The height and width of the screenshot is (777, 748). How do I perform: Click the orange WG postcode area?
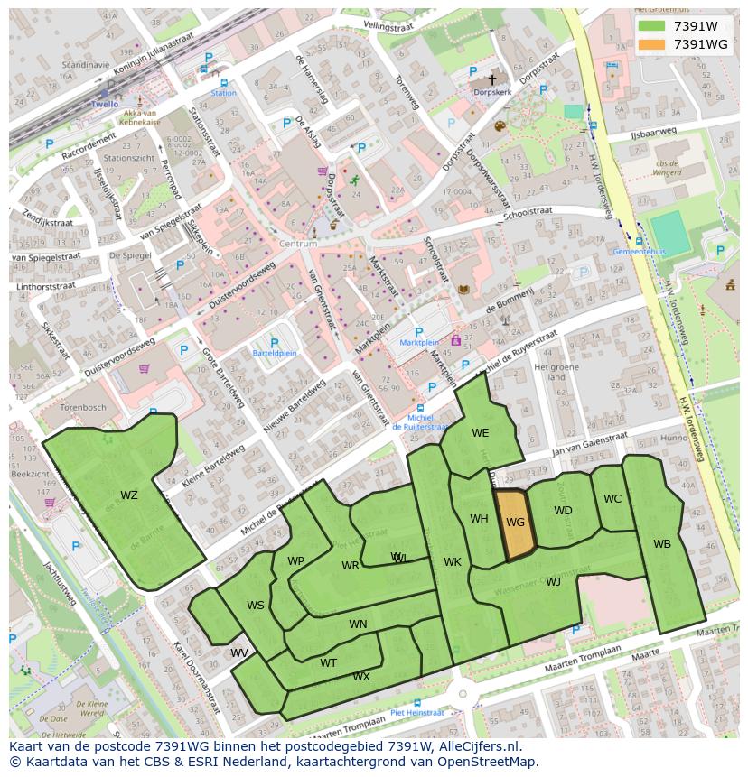coord(515,524)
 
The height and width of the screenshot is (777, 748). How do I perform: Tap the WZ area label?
coord(129,495)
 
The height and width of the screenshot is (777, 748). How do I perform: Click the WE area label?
coord(480,433)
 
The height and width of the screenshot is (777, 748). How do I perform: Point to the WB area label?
coord(662,543)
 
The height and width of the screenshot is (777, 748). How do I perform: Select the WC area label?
coord(612,499)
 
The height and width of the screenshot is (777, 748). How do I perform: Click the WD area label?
coord(563,511)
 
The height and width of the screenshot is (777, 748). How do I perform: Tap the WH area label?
coord(479,518)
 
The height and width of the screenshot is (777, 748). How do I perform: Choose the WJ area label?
coord(553,581)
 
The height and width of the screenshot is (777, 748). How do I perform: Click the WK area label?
coord(453,562)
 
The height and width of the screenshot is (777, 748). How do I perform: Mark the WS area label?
coord(256,605)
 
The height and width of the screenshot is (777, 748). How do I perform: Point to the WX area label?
coord(361,676)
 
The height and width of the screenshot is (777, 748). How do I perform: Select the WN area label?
coord(358,624)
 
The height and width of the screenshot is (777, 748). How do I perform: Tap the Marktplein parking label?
coord(418,343)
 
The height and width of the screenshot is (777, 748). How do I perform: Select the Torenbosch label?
coord(82,407)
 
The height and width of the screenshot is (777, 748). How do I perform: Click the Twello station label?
coord(105,105)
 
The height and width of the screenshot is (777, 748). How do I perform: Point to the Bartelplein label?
coord(276,353)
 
